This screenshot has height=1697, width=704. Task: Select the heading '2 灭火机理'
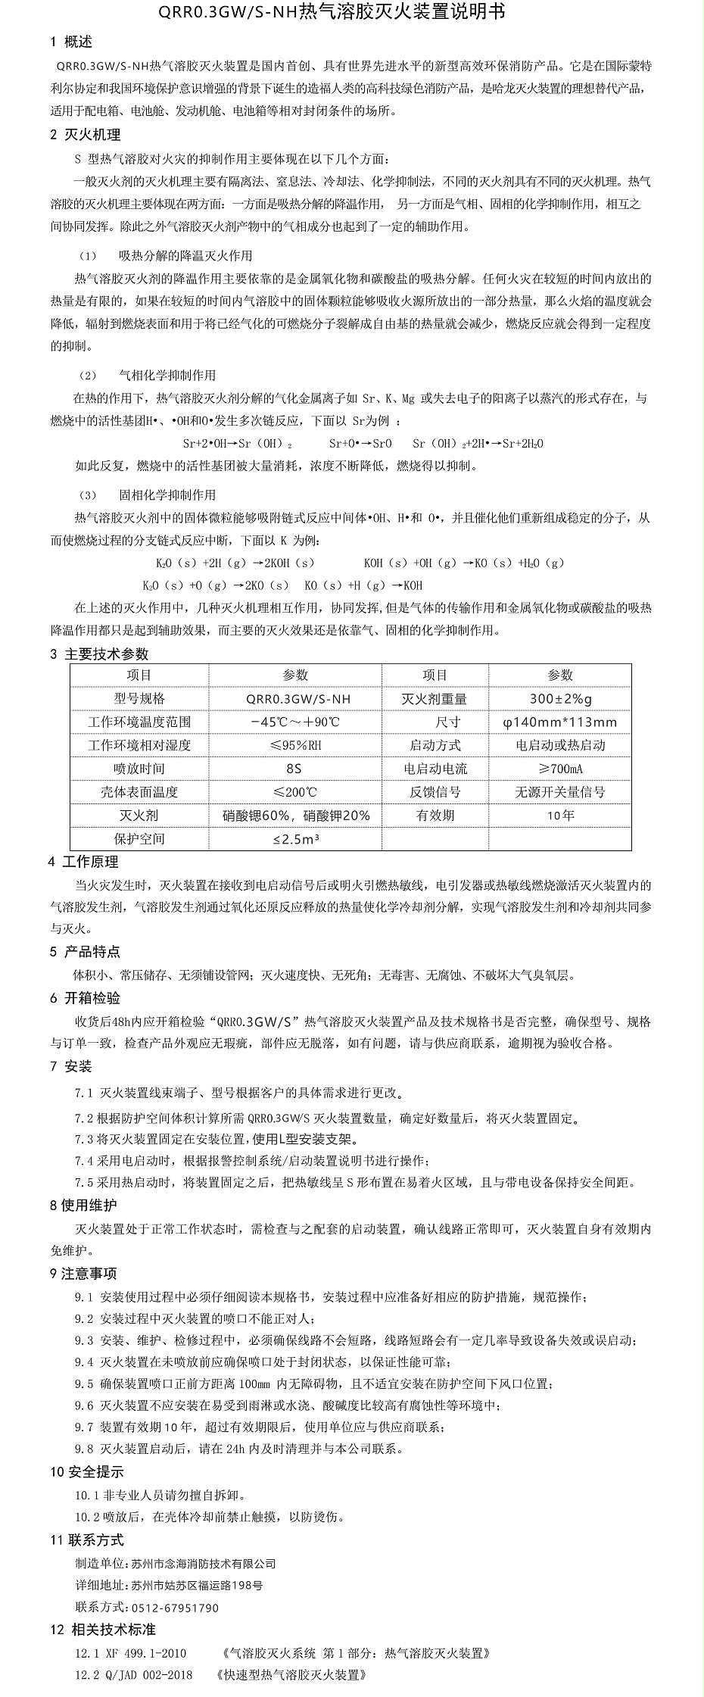pyautogui.click(x=85, y=136)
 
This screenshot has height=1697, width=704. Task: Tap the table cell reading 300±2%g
pyautogui.click(x=560, y=699)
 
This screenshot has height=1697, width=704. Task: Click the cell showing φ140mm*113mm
pyautogui.click(x=560, y=722)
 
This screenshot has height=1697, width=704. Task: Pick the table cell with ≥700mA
pyautogui.click(x=560, y=769)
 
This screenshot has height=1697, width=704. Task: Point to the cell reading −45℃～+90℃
pyautogui.click(x=295, y=722)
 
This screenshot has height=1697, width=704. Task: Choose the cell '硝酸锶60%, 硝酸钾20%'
pyautogui.click(x=295, y=816)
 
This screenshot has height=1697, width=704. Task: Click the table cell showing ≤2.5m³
pyautogui.click(x=295, y=840)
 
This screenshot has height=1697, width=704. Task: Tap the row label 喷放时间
pyautogui.click(x=139, y=769)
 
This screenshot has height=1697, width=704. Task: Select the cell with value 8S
pyautogui.click(x=294, y=769)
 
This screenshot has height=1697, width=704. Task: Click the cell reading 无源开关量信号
pyautogui.click(x=560, y=793)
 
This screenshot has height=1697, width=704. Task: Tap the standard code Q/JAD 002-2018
pyautogui.click(x=142, y=1675)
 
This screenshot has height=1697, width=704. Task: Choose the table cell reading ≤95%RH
pyautogui.click(x=295, y=746)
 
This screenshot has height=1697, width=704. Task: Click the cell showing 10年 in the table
pyautogui.click(x=560, y=816)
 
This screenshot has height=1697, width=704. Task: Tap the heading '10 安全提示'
pyautogui.click(x=86, y=1473)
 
